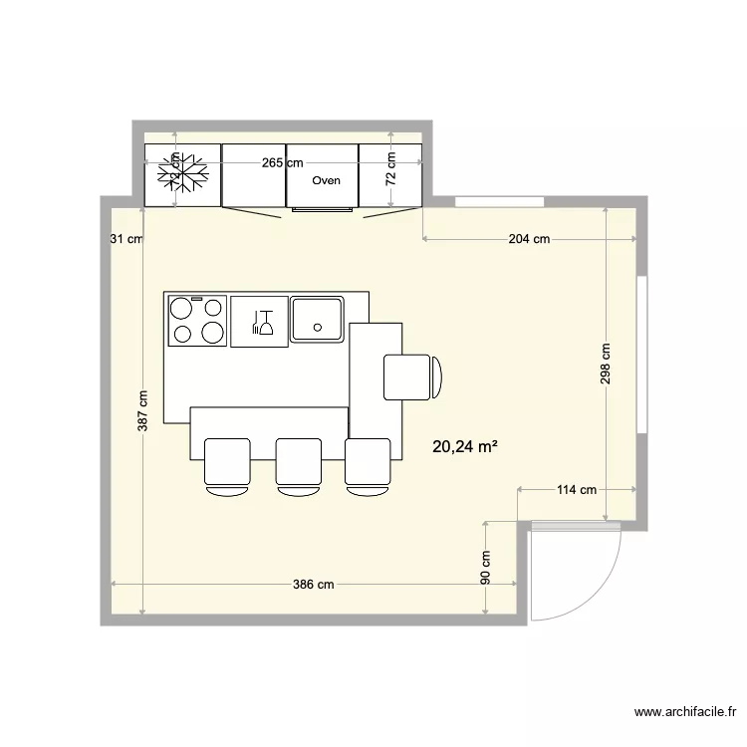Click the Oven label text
(x=326, y=180)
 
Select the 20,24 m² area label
(x=465, y=447)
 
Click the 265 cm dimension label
(x=283, y=162)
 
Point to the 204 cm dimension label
(x=529, y=239)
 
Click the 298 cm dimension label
(x=606, y=365)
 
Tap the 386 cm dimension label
(x=313, y=585)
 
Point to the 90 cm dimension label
(x=486, y=567)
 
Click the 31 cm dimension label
(x=126, y=239)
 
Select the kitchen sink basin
(x=318, y=319)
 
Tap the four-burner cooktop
(x=197, y=321)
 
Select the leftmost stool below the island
(x=227, y=466)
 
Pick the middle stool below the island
(x=298, y=466)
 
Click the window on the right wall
(x=643, y=355)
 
